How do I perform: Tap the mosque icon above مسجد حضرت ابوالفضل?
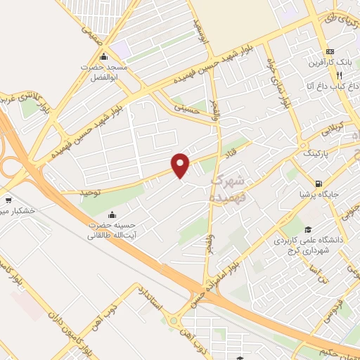[x=104, y=57]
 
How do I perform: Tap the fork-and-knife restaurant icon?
[x=339, y=75]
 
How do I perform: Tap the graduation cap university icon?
[x=309, y=229]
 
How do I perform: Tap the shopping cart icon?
[x=8, y=200]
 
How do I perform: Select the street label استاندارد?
[x=149, y=298]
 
